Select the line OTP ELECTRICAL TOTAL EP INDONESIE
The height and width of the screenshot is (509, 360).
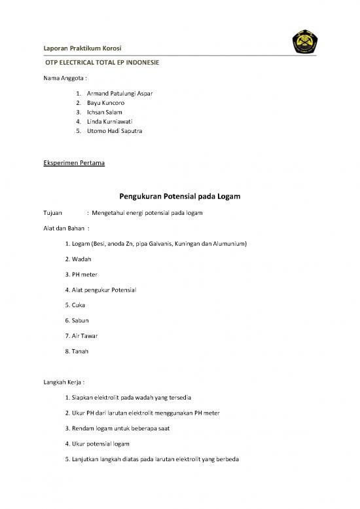[x=101, y=65]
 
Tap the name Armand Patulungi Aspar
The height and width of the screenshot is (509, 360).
[x=120, y=94]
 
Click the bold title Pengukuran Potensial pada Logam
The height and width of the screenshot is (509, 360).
[x=180, y=196]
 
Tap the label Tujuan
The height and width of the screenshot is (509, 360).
[x=53, y=214]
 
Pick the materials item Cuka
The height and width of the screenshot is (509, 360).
[x=81, y=305]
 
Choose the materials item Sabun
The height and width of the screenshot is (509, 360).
[x=83, y=320]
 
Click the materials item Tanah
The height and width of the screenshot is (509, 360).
[x=82, y=351]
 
